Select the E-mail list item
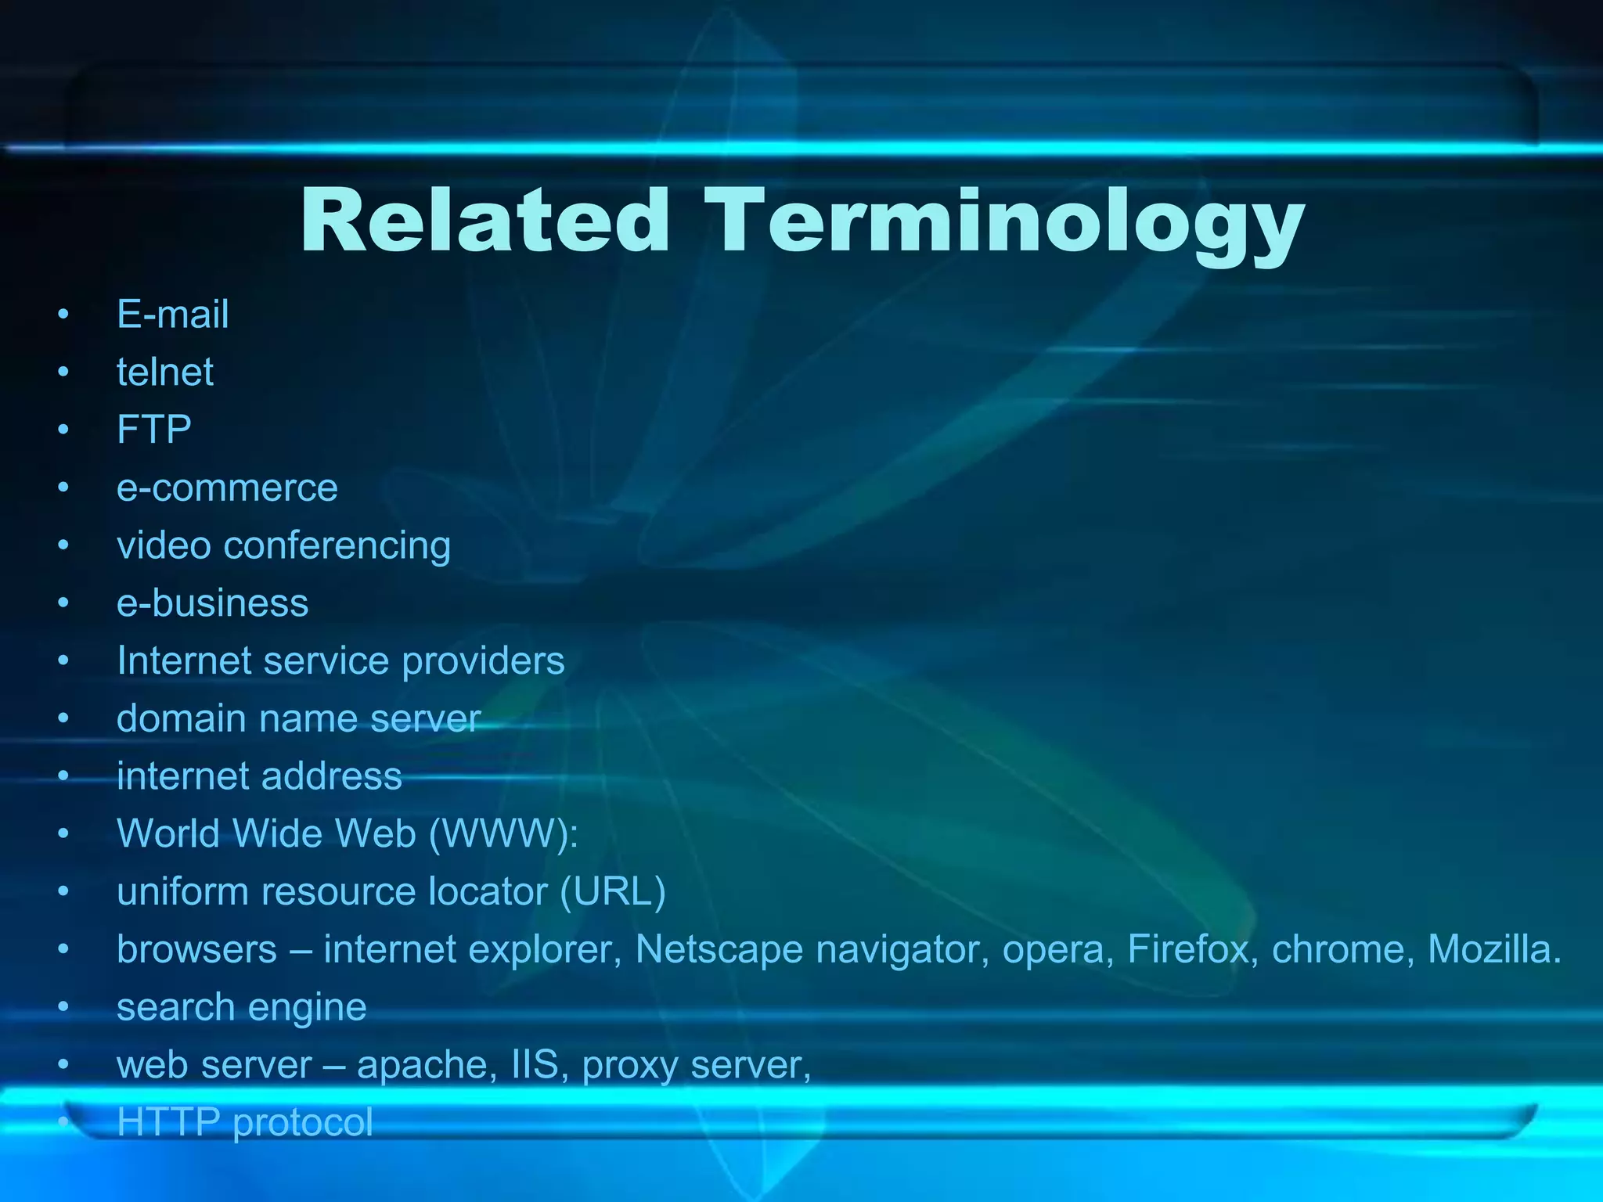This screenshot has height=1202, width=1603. [x=173, y=315]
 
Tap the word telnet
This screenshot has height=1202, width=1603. [x=165, y=372]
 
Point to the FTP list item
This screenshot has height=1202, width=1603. [x=154, y=430]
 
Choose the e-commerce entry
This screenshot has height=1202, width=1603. [x=227, y=488]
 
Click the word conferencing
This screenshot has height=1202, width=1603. [x=337, y=545]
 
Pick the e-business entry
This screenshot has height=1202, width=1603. [x=213, y=603]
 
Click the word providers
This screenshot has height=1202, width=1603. [x=483, y=661]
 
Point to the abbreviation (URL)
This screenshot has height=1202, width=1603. [x=613, y=891]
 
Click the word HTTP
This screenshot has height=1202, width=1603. [x=168, y=1122]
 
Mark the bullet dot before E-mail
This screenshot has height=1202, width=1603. [x=63, y=315]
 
